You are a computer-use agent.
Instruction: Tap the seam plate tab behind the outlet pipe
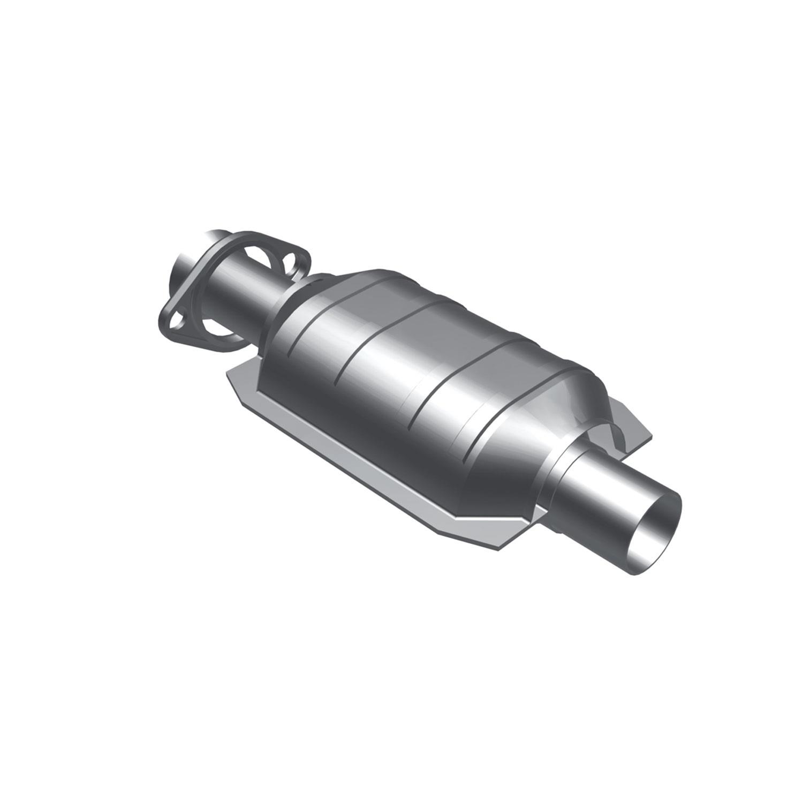pyautogui.click(x=632, y=428)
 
